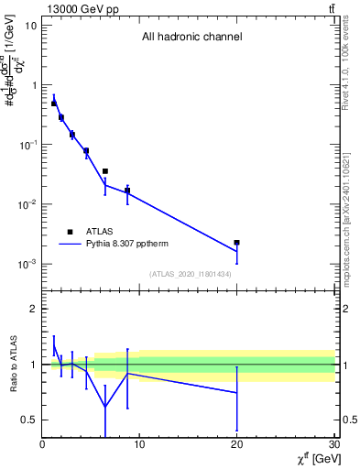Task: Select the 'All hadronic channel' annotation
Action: (x=191, y=38)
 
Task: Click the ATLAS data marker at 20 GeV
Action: (x=237, y=243)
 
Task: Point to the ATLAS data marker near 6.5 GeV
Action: (x=105, y=171)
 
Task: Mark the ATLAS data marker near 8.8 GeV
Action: (x=127, y=191)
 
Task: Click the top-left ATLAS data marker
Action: (x=54, y=104)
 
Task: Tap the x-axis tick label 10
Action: (x=139, y=445)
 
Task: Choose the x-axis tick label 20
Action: (x=237, y=445)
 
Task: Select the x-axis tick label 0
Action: (x=42, y=445)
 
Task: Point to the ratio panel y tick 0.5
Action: (x=29, y=420)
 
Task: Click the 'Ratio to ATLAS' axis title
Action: (x=12, y=364)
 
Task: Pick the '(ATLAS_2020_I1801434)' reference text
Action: (x=191, y=274)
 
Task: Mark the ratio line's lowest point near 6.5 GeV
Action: (x=105, y=407)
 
